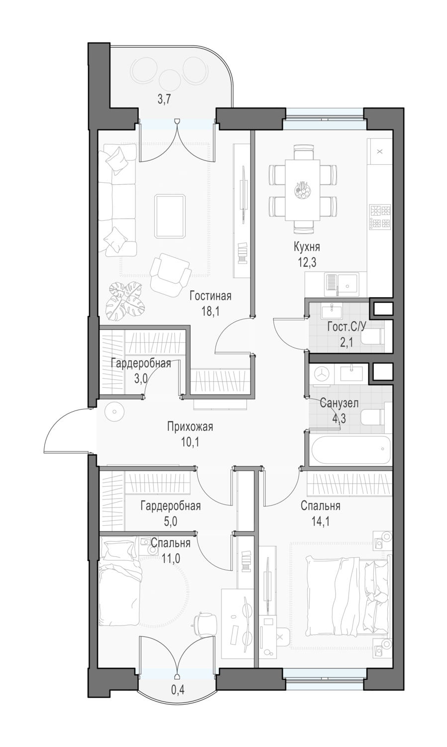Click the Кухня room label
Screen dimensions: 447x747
(x=307, y=248)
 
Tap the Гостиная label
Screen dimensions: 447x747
(x=211, y=296)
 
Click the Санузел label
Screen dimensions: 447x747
(x=339, y=403)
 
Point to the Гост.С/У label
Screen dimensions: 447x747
(x=346, y=327)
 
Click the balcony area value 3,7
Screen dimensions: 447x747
(x=164, y=100)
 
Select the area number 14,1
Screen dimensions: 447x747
(x=320, y=521)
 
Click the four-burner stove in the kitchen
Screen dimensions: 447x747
(x=380, y=217)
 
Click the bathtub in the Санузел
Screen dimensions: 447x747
(x=350, y=450)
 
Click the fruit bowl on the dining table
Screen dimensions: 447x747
(x=302, y=191)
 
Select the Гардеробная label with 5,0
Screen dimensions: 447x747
(x=171, y=506)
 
